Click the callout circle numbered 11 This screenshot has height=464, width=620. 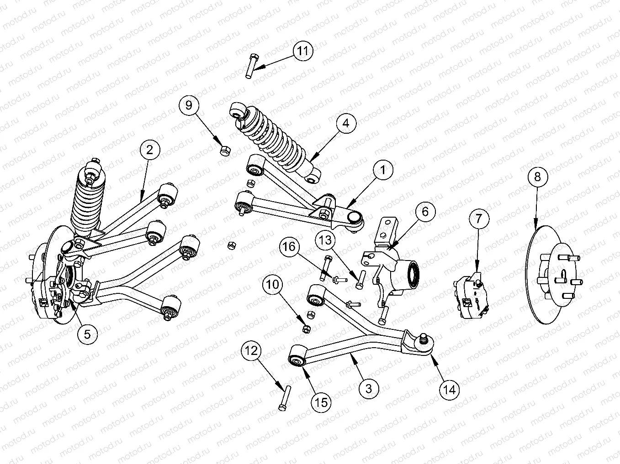click(303, 50)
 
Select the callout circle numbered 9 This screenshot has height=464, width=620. click(189, 105)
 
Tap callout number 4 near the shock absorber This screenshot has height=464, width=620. click(346, 123)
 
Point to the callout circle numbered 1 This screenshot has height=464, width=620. click(383, 170)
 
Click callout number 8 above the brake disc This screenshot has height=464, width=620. click(537, 176)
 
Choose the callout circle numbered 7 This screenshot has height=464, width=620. click(478, 219)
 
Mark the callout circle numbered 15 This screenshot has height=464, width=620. click(321, 402)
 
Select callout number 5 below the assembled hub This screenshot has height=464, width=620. click(87, 334)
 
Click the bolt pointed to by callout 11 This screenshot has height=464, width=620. click(250, 66)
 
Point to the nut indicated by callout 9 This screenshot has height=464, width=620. click(225, 150)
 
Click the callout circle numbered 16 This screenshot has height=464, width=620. click(289, 247)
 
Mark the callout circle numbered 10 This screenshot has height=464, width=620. click(273, 285)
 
